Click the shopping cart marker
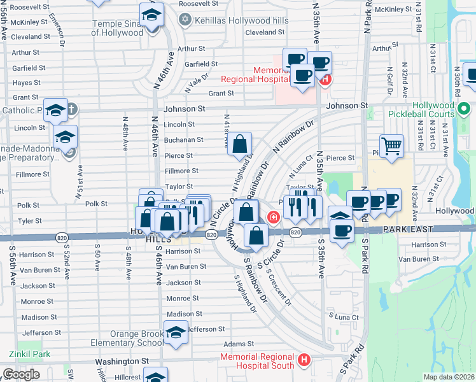coord(391,146)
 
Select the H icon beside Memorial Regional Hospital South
coord(304,360)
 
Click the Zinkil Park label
coord(29,354)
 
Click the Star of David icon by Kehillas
coord(185,19)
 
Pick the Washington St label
coord(122,360)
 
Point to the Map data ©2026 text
coord(449,377)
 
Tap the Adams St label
coord(234,343)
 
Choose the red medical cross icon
coord(274,218)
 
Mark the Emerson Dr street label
coord(62,35)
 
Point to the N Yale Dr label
coord(197,81)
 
